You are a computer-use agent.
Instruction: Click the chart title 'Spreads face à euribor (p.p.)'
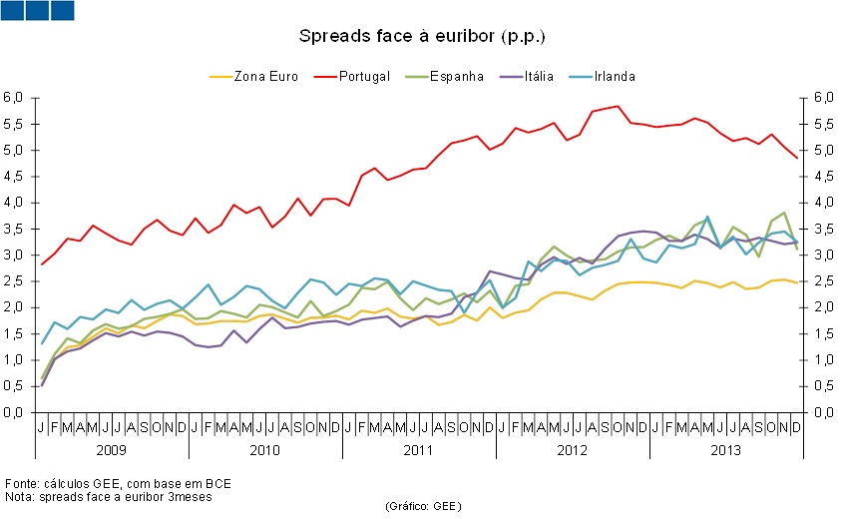point(422,36)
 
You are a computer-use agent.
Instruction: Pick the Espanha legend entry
point(456,76)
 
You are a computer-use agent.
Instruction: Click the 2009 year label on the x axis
point(111,450)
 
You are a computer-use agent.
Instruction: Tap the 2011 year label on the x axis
point(418,450)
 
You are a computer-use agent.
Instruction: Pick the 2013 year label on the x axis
point(725,450)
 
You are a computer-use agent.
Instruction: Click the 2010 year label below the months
point(264,450)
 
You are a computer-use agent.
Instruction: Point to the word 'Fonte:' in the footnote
point(22,483)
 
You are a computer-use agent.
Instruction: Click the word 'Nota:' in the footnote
point(20,496)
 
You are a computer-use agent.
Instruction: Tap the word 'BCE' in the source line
point(217,483)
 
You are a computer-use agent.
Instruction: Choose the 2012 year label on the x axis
point(572,450)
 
